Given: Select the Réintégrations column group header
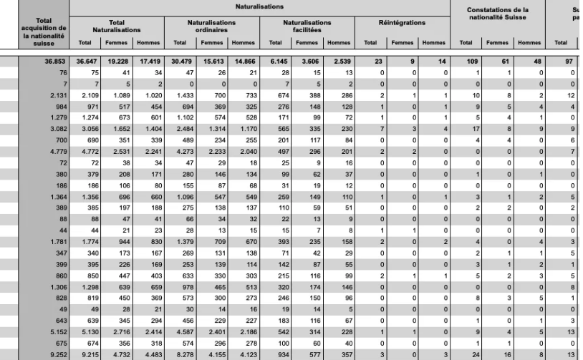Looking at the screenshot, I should coord(402,23).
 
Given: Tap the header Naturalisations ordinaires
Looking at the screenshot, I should coord(212,26).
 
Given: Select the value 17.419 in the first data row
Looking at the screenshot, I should coord(147,63).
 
